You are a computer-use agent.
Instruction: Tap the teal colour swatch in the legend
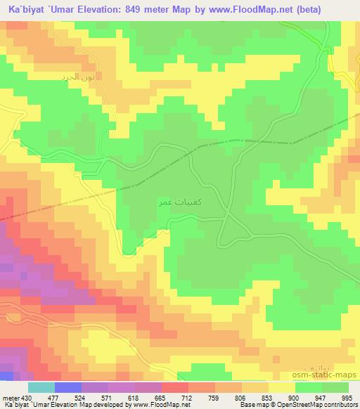[x=41, y=387]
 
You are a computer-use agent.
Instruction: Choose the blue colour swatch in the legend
[x=67, y=387]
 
